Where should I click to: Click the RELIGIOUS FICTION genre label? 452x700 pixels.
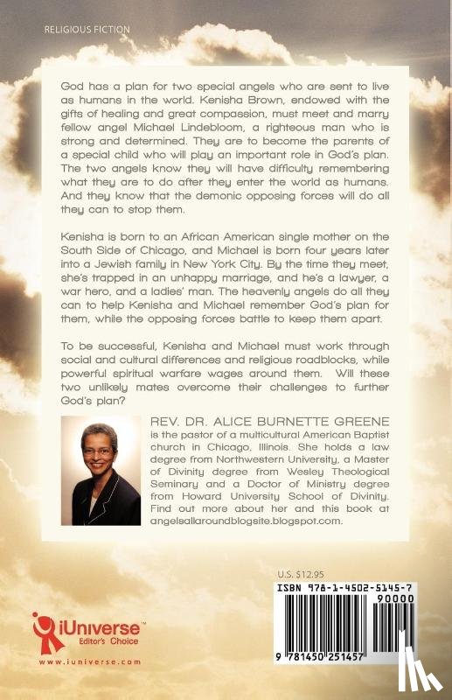[x=86, y=29]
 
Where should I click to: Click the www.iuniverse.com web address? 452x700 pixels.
[x=76, y=661]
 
